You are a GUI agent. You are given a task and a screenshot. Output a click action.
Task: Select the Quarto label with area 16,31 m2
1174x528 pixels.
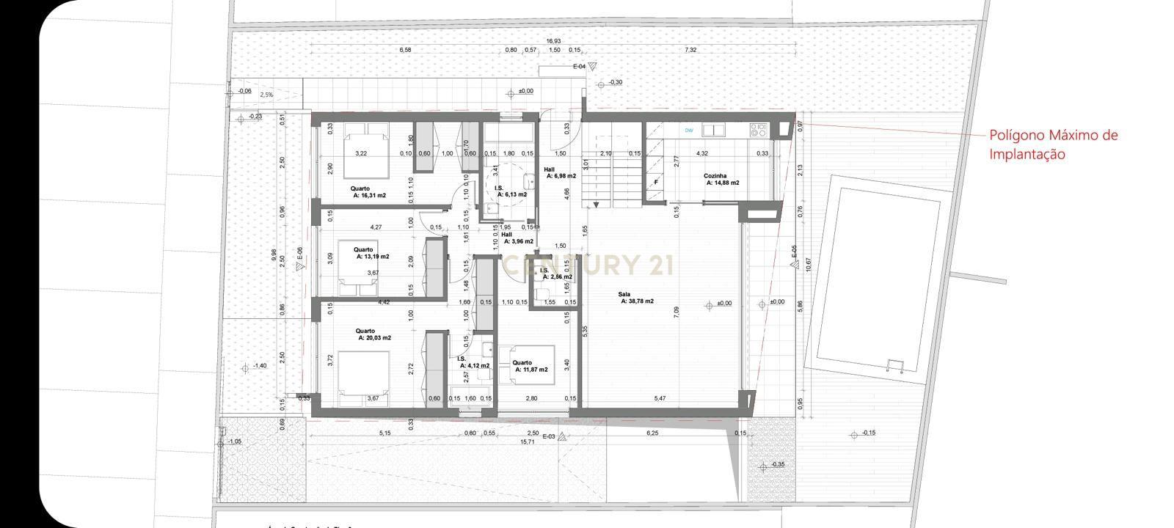tap(369, 193)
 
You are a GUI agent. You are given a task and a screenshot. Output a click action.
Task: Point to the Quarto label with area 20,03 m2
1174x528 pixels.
tap(374, 334)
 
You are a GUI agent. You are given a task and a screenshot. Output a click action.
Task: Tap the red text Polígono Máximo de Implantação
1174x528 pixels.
tap(1053, 144)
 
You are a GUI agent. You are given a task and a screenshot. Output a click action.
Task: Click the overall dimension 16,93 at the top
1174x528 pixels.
tap(553, 41)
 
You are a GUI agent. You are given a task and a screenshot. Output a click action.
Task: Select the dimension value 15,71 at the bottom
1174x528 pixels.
tap(527, 442)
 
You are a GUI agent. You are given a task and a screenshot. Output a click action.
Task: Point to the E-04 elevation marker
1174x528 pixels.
tap(584, 66)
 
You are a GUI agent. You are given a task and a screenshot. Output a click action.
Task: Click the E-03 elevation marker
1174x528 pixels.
tap(553, 436)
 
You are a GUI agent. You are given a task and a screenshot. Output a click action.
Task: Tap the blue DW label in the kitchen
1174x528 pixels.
tap(688, 131)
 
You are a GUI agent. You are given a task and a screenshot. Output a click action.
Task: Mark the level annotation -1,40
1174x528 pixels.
tap(259, 365)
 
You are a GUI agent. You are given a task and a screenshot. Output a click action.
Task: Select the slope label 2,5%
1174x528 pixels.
tap(266, 95)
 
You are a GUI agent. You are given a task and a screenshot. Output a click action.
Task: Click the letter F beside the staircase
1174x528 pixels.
tap(655, 182)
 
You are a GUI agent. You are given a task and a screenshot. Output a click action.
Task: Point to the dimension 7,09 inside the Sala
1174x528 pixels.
tap(676, 311)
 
